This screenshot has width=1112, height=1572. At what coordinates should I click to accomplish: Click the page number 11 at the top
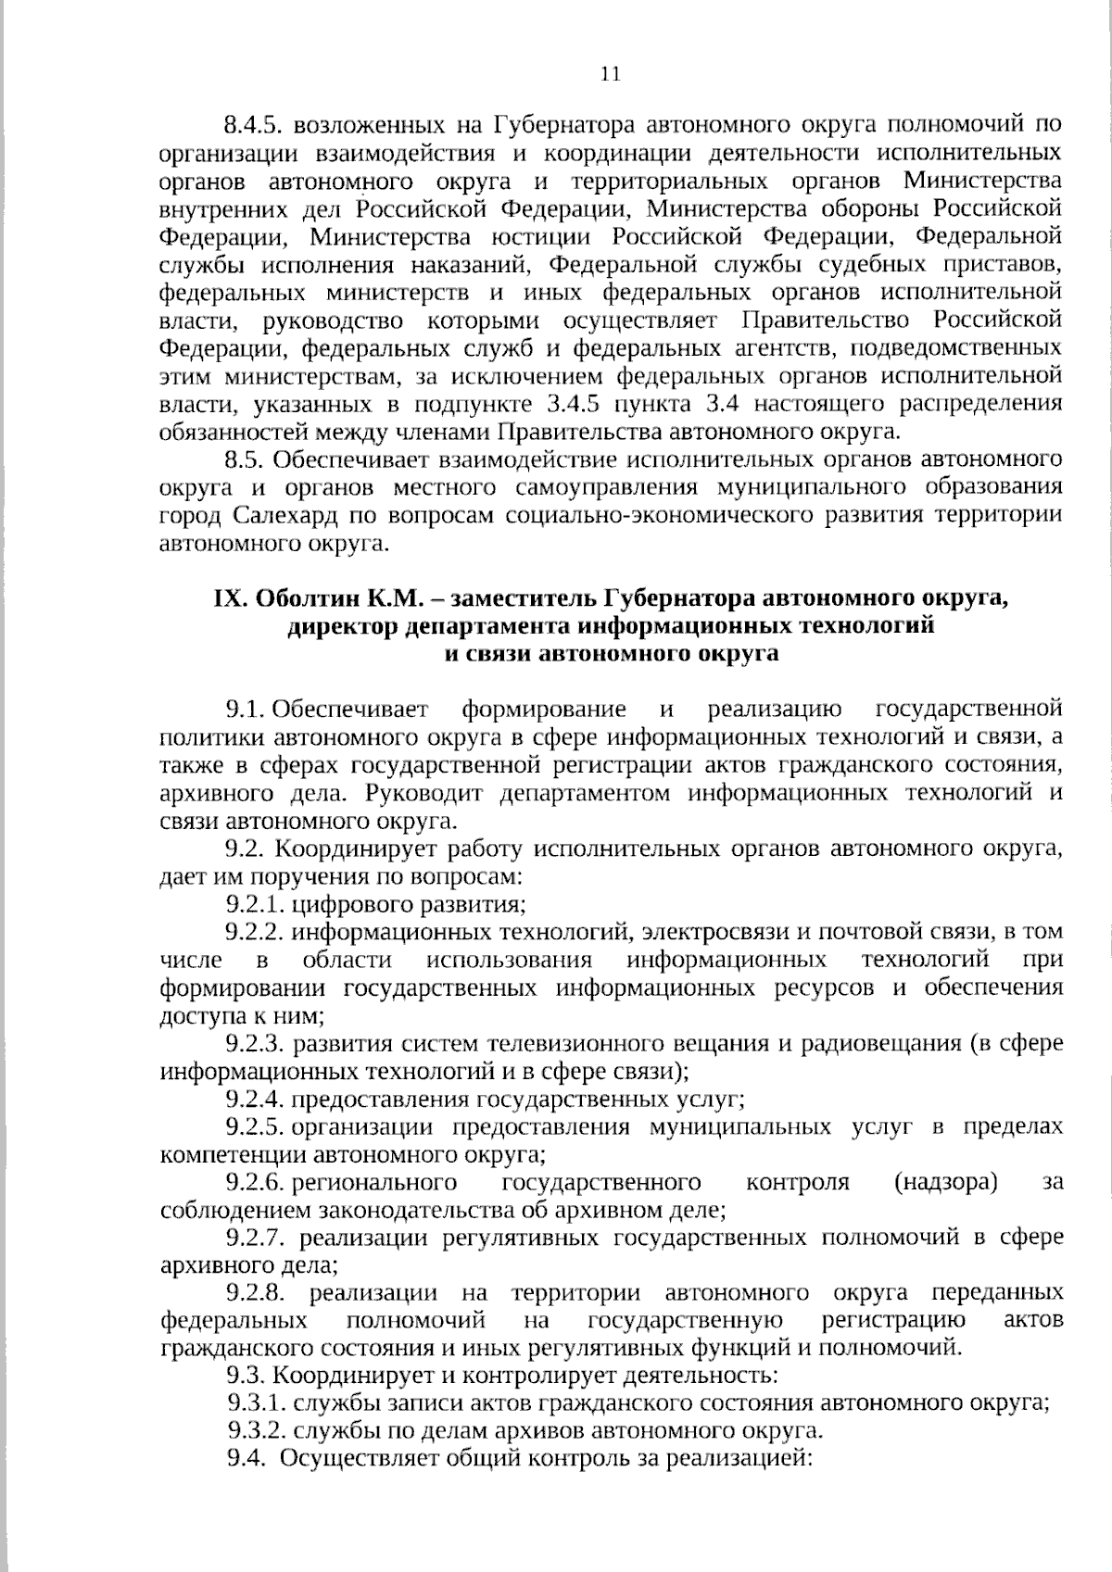[610, 75]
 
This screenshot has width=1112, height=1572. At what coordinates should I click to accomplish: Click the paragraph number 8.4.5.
[254, 124]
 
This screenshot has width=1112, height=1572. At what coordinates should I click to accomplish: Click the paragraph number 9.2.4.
[255, 1100]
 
